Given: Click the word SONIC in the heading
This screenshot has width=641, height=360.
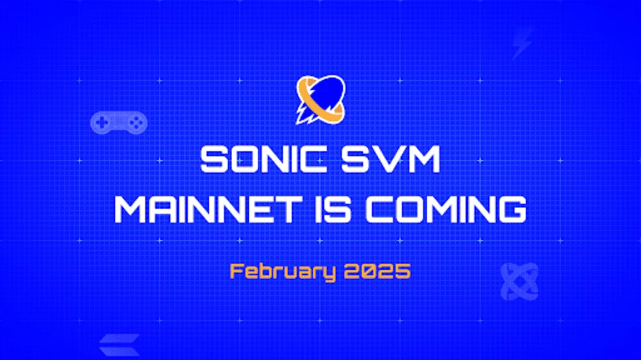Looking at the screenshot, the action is [x=263, y=160].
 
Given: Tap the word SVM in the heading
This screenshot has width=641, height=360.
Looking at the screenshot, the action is [x=391, y=160].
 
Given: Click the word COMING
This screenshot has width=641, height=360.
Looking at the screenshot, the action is [x=445, y=209].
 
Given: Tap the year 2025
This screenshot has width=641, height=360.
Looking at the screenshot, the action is [x=378, y=272].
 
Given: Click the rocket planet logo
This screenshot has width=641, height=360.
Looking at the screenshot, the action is [x=320, y=100].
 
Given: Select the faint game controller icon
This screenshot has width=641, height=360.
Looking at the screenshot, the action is [x=119, y=122].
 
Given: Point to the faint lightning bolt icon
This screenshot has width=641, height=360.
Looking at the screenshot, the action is [x=523, y=44].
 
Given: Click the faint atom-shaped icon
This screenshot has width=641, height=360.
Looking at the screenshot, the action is [x=520, y=282].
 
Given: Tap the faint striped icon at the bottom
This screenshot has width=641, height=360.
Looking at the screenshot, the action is [x=119, y=345].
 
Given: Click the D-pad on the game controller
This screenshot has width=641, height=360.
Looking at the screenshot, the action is [x=102, y=121].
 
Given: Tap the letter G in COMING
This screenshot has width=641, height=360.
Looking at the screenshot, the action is [x=512, y=209].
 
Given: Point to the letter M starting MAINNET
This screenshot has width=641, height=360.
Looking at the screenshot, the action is [x=130, y=209].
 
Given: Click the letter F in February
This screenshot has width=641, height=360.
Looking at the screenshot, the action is [x=237, y=272].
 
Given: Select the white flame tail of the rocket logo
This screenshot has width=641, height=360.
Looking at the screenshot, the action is [x=304, y=115].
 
